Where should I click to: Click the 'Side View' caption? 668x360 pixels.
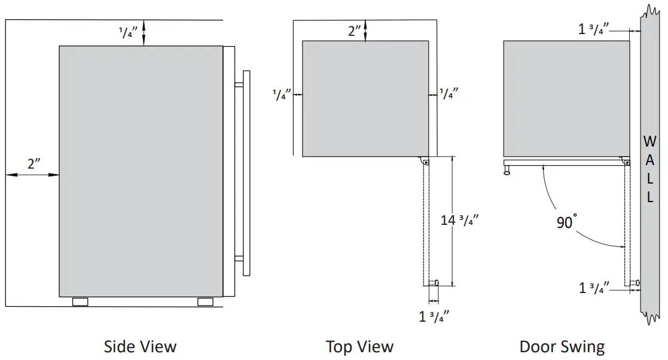click(141, 346)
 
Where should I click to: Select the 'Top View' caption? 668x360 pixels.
click(359, 346)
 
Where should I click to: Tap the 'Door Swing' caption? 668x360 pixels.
click(562, 346)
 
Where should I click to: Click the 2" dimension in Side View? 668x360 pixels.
click(33, 163)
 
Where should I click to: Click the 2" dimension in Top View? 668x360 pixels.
click(355, 31)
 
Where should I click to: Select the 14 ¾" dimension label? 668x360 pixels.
click(459, 220)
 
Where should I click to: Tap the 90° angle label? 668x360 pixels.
click(565, 222)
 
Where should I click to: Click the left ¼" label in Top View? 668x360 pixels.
click(282, 94)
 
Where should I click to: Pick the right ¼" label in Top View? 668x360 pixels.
click(449, 94)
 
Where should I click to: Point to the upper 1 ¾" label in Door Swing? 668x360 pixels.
click(594, 28)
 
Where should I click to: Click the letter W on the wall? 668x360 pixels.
click(649, 142)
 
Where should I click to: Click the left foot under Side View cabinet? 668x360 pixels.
click(80, 301)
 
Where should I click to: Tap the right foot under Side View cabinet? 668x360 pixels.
click(205, 301)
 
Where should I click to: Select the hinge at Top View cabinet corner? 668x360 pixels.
click(425, 161)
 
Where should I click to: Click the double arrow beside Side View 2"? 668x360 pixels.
click(33, 175)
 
